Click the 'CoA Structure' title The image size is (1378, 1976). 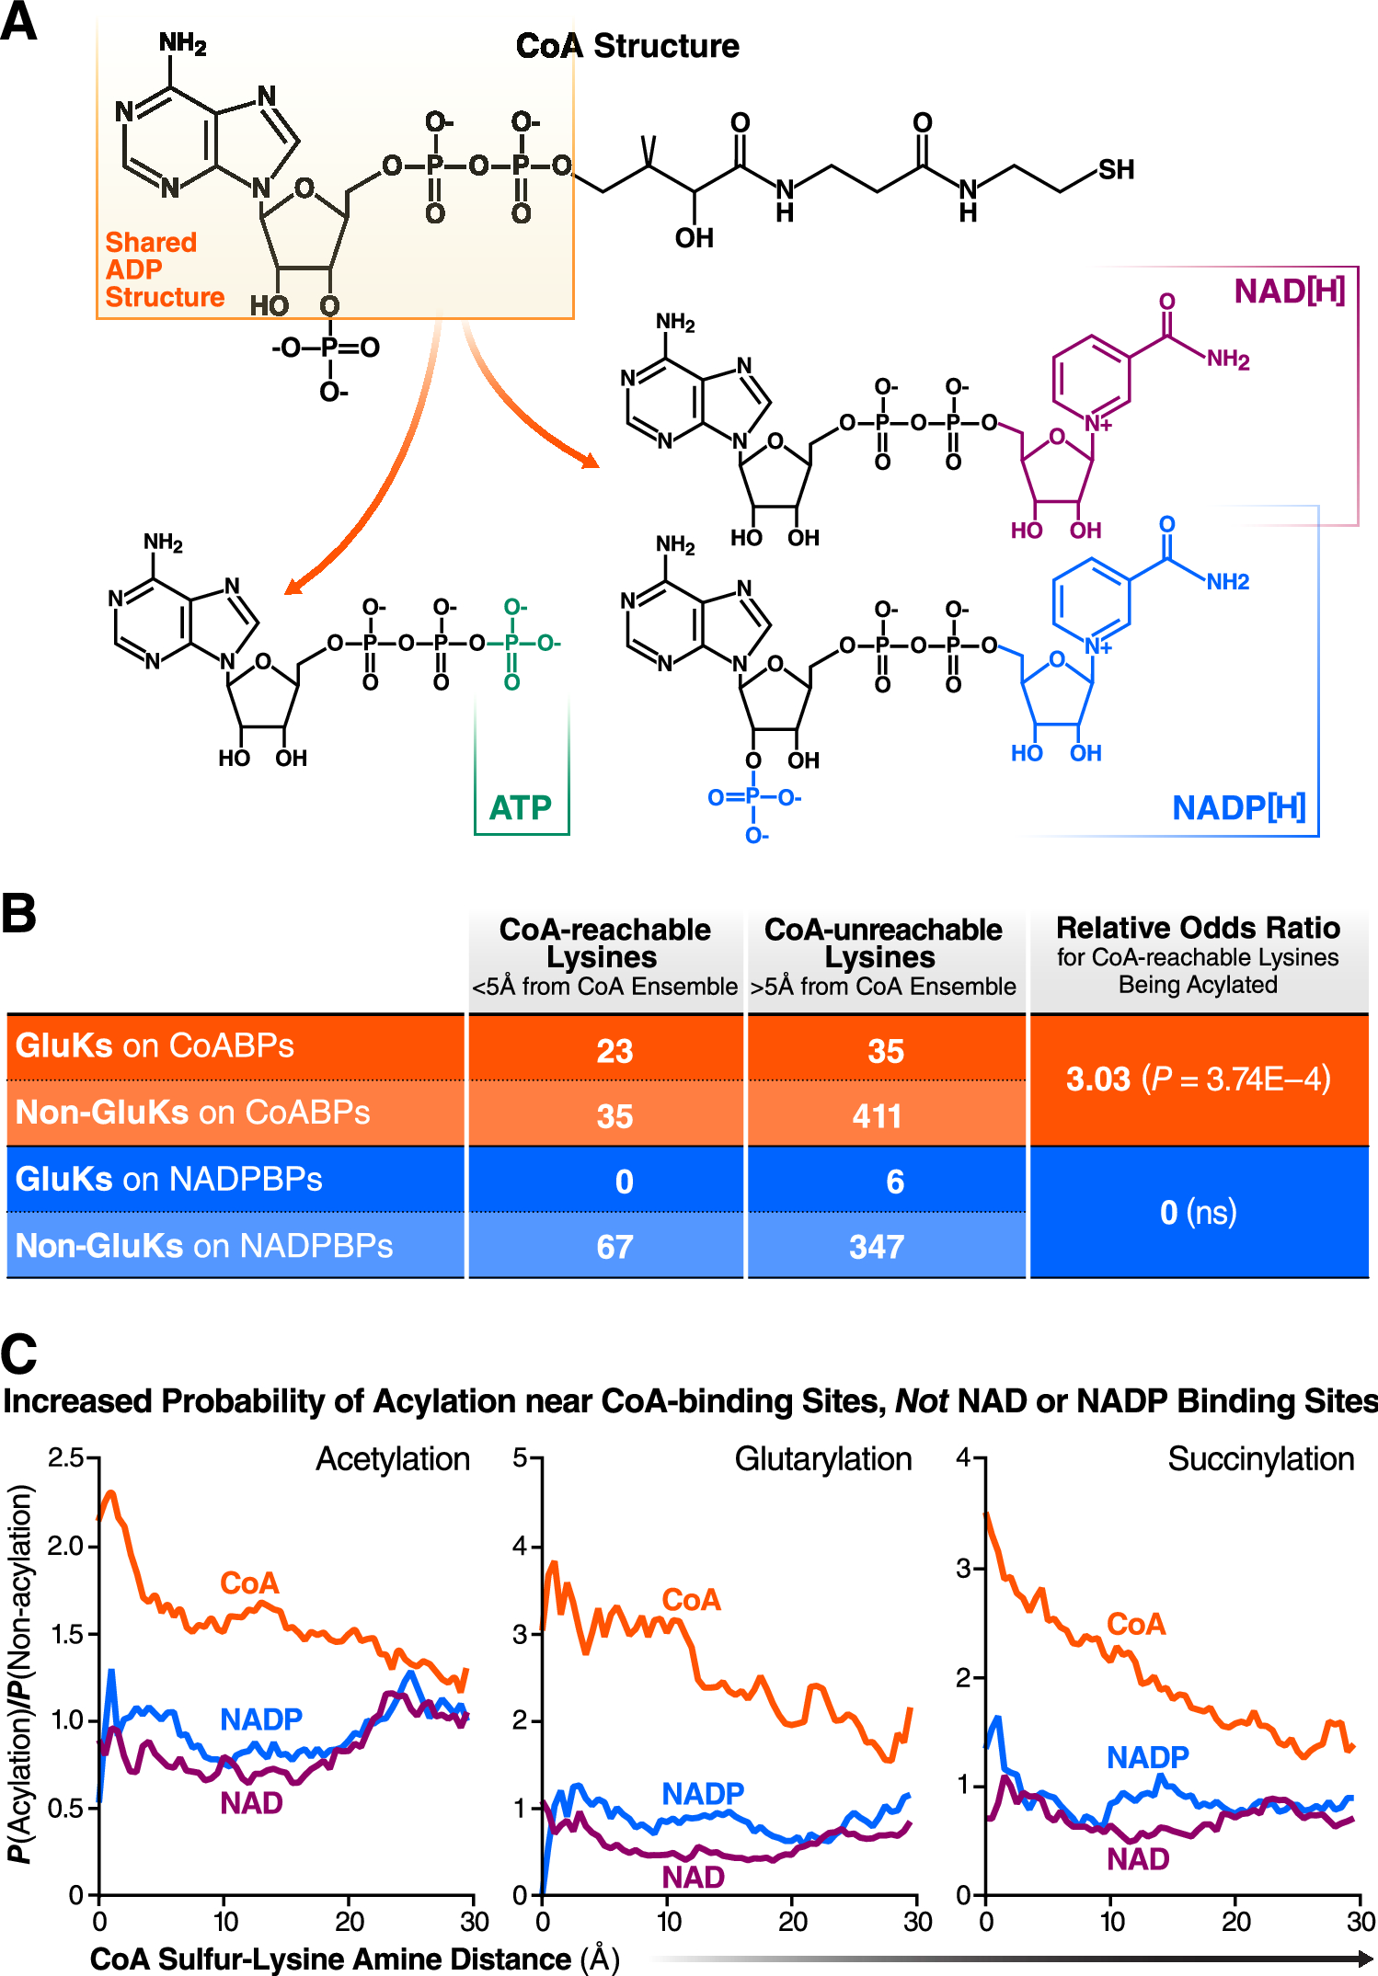[x=627, y=45]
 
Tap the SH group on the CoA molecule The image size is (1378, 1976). [x=1116, y=169]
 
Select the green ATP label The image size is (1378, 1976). [x=521, y=807]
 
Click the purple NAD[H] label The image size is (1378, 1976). [x=1289, y=291]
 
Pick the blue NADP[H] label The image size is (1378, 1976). [x=1238, y=807]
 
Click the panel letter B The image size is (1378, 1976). [x=19, y=914]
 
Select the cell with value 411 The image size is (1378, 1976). [x=877, y=1115]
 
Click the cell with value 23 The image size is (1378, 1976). [x=614, y=1050]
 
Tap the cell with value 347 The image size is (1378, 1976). [x=877, y=1247]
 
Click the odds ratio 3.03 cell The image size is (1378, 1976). [x=1198, y=1079]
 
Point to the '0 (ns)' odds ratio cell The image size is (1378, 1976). [x=1198, y=1212]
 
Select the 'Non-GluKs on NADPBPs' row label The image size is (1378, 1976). [x=204, y=1246]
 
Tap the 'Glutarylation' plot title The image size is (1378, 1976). [x=822, y=1459]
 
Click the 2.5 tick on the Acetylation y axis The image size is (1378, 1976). [x=65, y=1457]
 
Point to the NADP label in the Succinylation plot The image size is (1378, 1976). [x=1147, y=1757]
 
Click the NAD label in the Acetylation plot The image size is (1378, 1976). [x=251, y=1802]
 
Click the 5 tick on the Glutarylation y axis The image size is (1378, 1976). [x=521, y=1457]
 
